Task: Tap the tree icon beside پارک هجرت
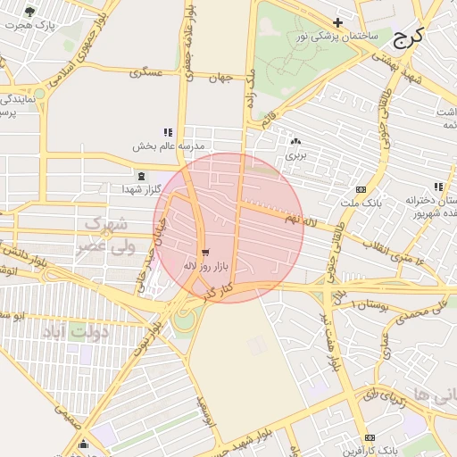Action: click(x=29, y=12)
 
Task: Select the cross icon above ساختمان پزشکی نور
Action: click(x=337, y=22)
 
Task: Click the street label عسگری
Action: click(x=146, y=71)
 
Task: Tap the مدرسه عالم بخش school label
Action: click(x=170, y=145)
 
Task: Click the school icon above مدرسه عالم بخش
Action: click(x=168, y=132)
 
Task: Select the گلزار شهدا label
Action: click(x=142, y=189)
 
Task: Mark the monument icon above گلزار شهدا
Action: click(x=142, y=176)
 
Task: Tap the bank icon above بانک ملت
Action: click(x=361, y=189)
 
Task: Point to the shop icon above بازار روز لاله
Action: click(x=206, y=253)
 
